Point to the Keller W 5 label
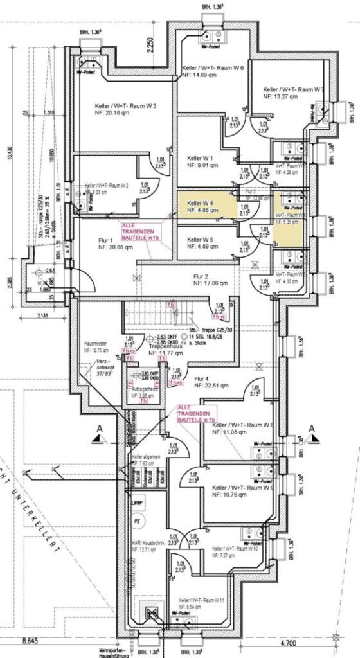[x=200, y=239]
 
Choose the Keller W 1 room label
[x=200, y=157]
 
